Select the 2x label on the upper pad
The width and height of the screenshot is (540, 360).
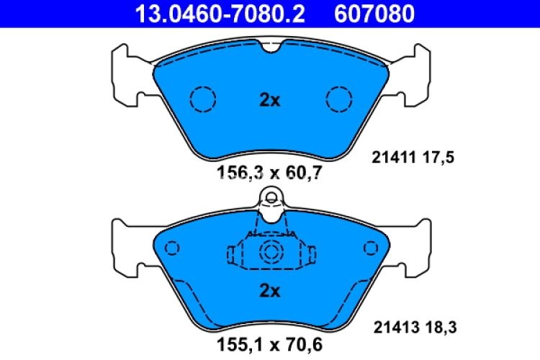coord(269,101)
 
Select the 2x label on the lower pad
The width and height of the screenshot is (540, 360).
coord(269,292)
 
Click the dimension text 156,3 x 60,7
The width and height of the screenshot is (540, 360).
coord(269,172)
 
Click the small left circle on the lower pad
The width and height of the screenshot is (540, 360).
coord(171,248)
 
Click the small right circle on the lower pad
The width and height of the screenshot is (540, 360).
coord(370,248)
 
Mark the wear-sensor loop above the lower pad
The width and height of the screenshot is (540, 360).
coord(271,196)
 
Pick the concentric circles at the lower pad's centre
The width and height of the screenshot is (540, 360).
coord(271,252)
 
